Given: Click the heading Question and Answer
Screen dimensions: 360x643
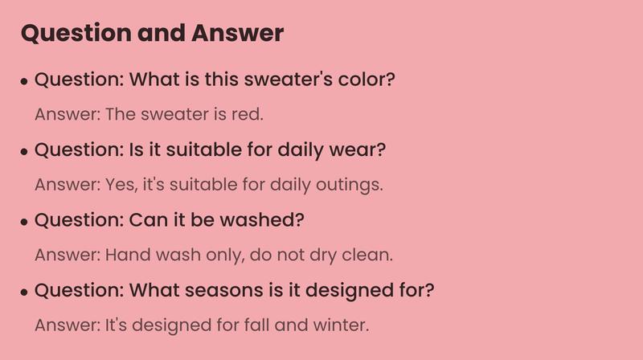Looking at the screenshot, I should (152, 33).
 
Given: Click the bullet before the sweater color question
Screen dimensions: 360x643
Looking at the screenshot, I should (25, 81).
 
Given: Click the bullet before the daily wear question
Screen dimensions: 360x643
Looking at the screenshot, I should (25, 152).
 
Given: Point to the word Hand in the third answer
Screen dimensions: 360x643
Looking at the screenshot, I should (124, 255).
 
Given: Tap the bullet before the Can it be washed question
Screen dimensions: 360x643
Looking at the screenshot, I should (25, 222).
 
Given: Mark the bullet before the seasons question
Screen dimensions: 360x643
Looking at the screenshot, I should (25, 292).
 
